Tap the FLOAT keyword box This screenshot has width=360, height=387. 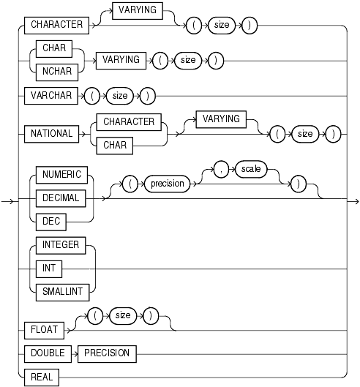[44, 329]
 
